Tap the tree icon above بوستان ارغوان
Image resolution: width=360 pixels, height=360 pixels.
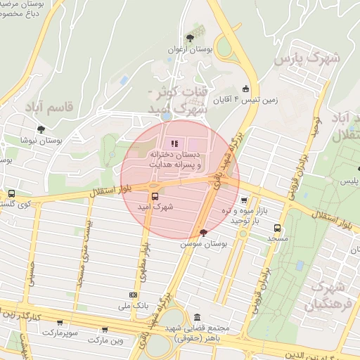tap(189, 38)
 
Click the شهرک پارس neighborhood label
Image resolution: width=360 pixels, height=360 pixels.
tap(310, 58)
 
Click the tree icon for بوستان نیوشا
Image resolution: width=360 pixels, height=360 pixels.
tap(41, 129)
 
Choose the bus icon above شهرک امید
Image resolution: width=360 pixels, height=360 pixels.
tap(155, 196)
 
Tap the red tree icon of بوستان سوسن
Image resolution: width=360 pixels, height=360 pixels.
tap(204, 232)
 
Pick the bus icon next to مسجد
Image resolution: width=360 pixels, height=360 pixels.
tap(278, 229)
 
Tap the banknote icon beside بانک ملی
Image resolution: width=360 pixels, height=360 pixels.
tap(133, 295)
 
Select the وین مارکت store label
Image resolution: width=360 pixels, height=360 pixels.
tap(105, 340)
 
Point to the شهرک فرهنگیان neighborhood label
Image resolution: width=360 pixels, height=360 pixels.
tap(327, 296)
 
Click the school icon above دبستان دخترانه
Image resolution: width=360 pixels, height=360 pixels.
tap(174, 145)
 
